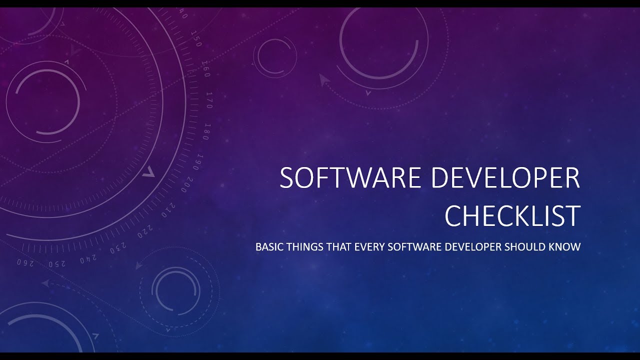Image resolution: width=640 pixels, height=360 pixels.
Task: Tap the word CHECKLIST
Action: [x=512, y=215]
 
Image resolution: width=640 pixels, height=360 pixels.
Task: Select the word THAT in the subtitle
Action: [x=336, y=247]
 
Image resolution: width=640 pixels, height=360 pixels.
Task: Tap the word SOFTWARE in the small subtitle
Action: [x=412, y=247]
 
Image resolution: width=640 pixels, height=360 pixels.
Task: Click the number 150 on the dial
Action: [x=196, y=41]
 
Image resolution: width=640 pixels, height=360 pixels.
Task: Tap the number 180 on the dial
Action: [x=206, y=131]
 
